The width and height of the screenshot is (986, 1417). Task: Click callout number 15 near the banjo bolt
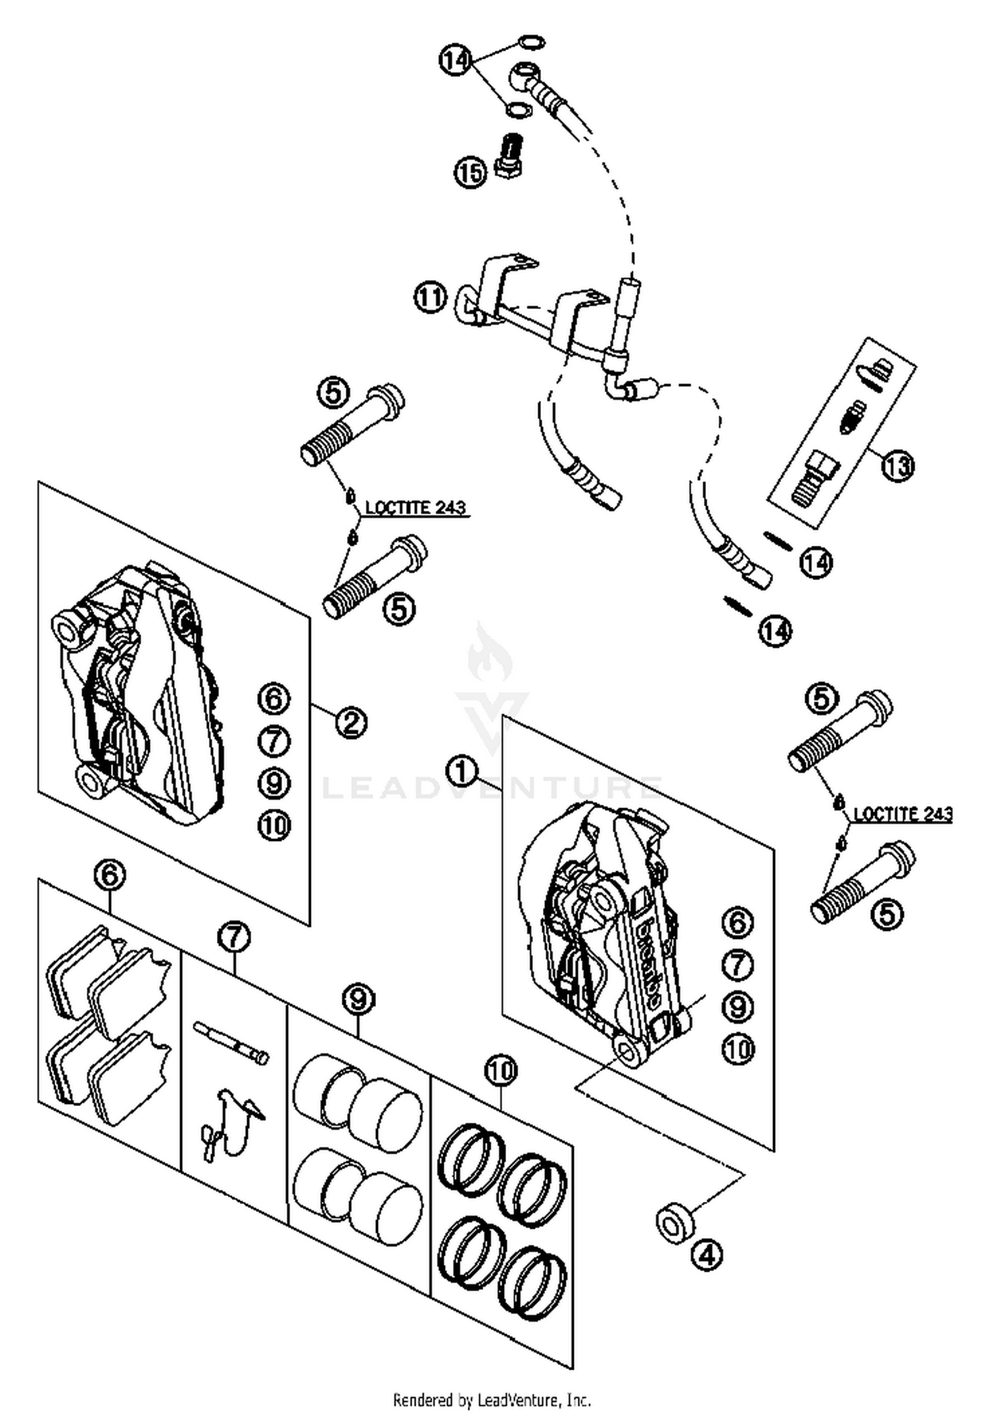pos(469,173)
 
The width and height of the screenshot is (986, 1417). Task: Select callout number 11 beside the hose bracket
pos(431,297)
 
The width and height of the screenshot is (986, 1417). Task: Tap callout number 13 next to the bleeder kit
pos(899,466)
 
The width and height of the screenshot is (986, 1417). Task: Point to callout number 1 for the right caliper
pos(461,770)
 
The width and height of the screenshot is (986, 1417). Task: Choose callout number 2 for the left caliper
pos(350,723)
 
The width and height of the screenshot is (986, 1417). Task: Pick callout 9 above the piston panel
pos(358,999)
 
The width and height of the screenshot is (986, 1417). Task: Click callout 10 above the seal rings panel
pos(501,1070)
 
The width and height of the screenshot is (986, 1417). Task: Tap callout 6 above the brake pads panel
pos(110,875)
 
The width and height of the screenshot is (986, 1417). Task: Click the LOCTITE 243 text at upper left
pos(415,507)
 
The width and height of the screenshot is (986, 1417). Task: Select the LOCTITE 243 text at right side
pos(903,813)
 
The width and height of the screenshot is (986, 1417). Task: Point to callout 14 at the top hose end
pos(455,61)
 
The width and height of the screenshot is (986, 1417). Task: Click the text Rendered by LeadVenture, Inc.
pos(492,1400)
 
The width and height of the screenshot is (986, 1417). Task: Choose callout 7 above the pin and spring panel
pos(235,937)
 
